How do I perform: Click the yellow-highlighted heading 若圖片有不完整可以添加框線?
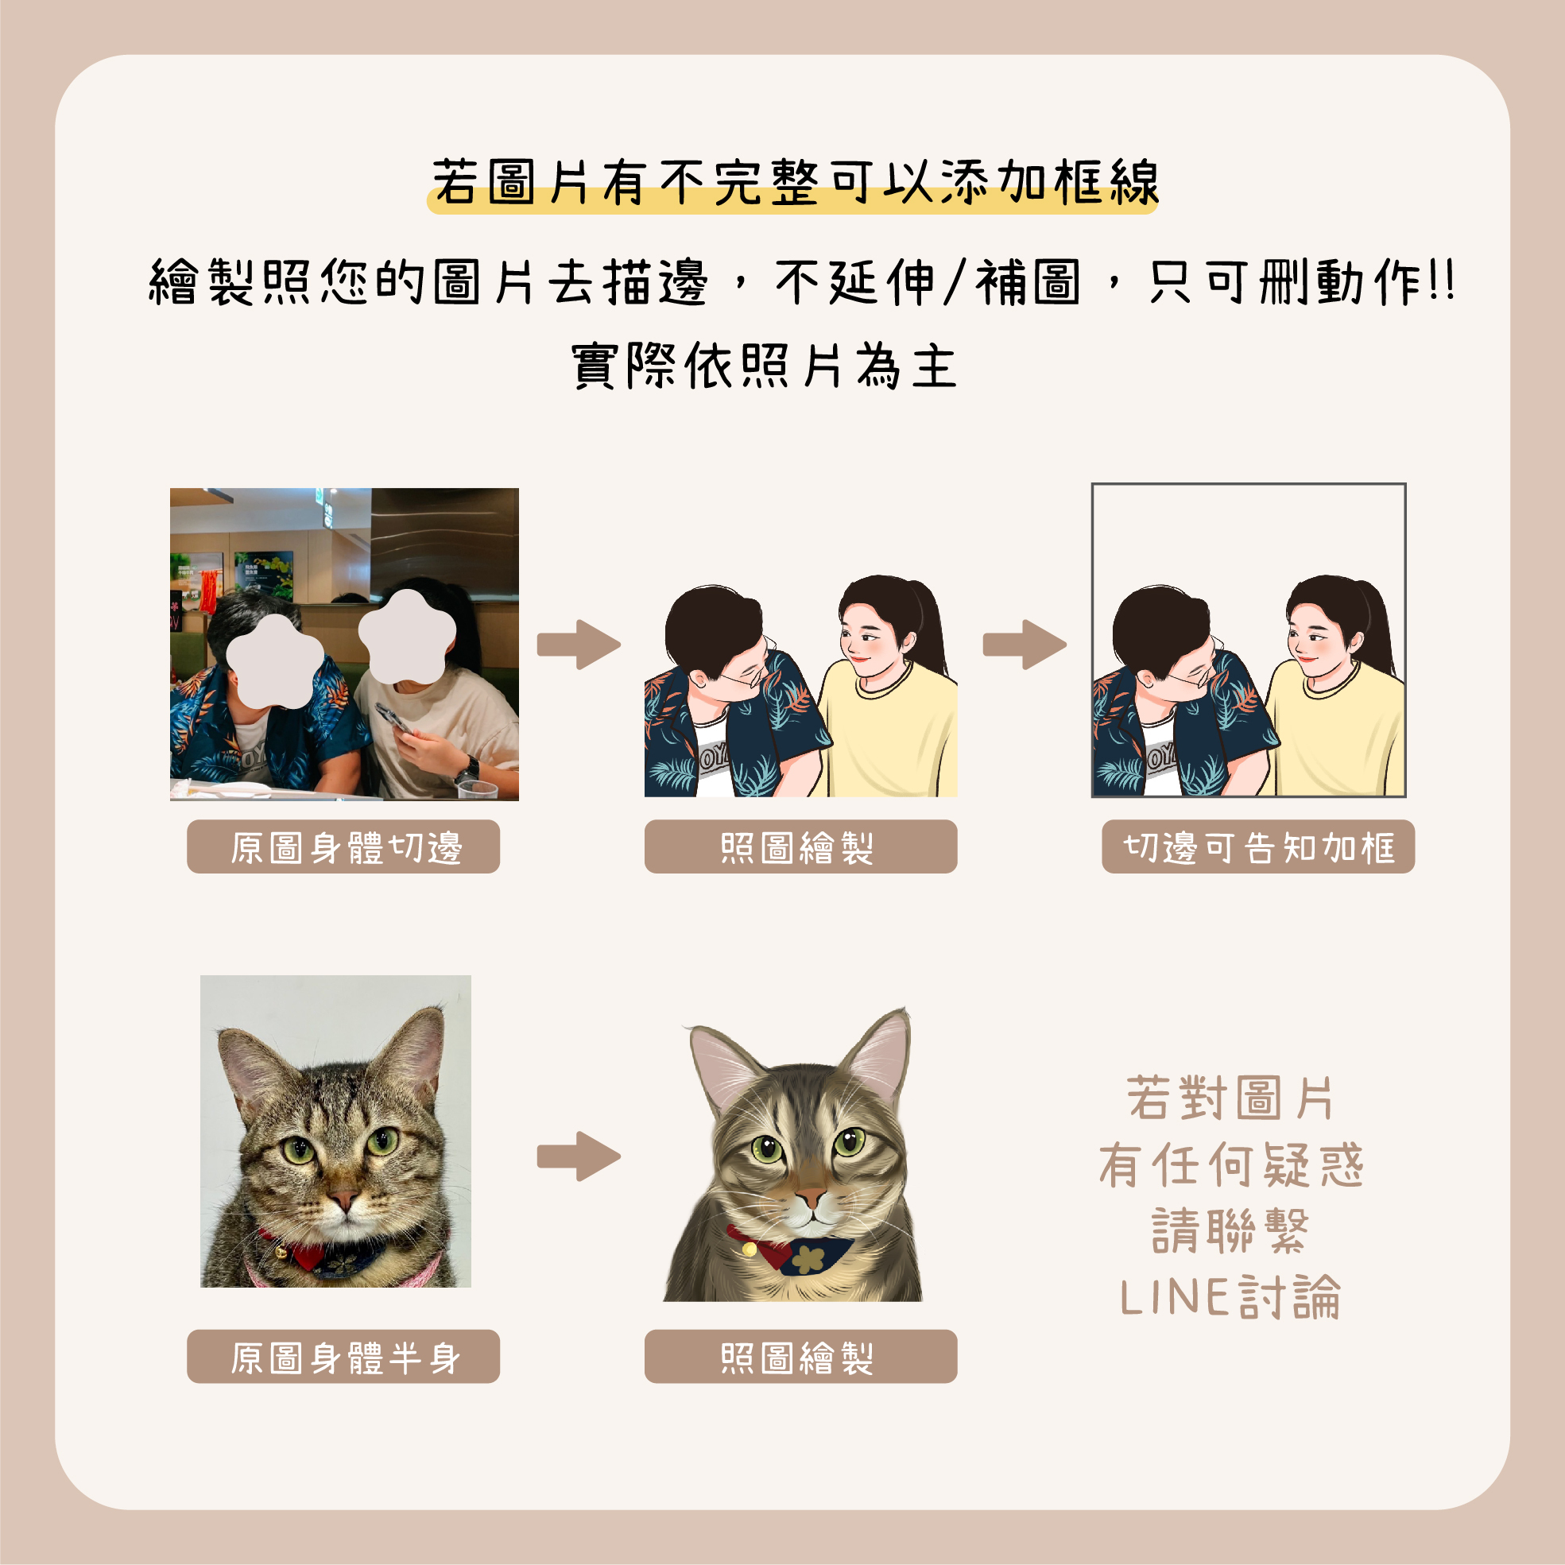[x=794, y=183]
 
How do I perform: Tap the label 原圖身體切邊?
[x=343, y=847]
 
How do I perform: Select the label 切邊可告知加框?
[x=1258, y=847]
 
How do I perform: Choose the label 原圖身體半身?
[x=343, y=1357]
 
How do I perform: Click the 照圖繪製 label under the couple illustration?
[x=800, y=847]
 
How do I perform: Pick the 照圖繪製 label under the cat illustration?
[x=800, y=1357]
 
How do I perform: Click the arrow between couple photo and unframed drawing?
[x=579, y=645]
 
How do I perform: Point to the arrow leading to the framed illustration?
[x=1025, y=645]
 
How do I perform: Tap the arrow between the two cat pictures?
[x=579, y=1156]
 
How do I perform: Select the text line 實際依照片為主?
[x=765, y=366]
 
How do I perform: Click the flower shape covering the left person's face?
[x=276, y=661]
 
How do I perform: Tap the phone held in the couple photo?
[x=392, y=718]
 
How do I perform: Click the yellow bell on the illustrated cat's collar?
[x=750, y=1250]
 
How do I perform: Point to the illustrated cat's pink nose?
[x=810, y=1196]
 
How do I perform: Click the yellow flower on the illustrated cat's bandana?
[x=808, y=1259]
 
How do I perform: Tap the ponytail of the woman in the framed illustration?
[x=1377, y=624]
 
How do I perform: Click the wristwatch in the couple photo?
[x=468, y=767]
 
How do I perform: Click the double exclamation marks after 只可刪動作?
[x=1443, y=282]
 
